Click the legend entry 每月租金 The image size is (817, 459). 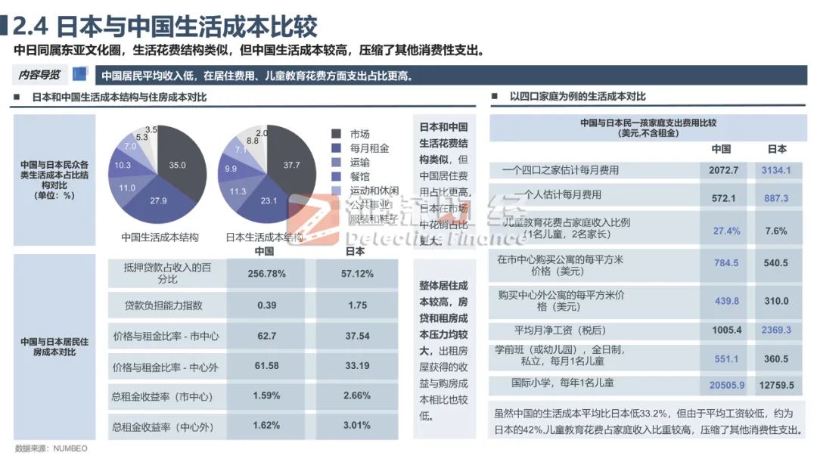[369, 148]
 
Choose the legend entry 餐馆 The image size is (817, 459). [359, 176]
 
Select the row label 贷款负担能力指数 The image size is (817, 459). [164, 305]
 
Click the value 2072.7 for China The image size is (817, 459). [724, 170]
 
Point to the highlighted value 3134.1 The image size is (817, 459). [777, 170]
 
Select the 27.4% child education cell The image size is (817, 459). [726, 231]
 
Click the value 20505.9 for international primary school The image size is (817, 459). [726, 385]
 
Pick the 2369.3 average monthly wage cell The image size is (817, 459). [777, 330]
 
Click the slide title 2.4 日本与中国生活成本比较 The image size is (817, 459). [165, 26]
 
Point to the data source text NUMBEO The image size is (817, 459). [70, 448]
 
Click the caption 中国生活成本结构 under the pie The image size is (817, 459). [160, 237]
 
